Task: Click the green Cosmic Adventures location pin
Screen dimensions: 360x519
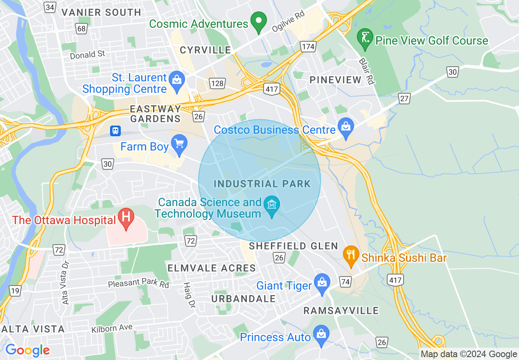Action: (x=259, y=22)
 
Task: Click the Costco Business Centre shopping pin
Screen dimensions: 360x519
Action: (x=346, y=127)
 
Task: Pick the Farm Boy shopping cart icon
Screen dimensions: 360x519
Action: (x=179, y=144)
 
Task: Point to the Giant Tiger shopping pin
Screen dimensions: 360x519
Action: (x=322, y=283)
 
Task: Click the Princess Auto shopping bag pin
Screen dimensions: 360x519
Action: (x=322, y=335)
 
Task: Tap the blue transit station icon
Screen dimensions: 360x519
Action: (x=116, y=130)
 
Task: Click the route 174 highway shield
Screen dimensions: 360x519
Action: (x=308, y=47)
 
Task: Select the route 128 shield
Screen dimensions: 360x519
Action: (x=217, y=84)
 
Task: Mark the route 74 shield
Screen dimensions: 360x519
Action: (x=345, y=281)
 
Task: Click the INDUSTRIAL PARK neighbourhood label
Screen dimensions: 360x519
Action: (x=262, y=184)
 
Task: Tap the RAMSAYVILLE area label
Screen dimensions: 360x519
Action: (x=341, y=311)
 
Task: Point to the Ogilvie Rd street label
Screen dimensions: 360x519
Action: (x=288, y=24)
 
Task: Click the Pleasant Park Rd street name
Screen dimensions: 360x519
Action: (x=138, y=283)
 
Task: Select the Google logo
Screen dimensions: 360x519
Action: (x=27, y=350)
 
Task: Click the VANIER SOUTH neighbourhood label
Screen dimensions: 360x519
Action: (x=101, y=12)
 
